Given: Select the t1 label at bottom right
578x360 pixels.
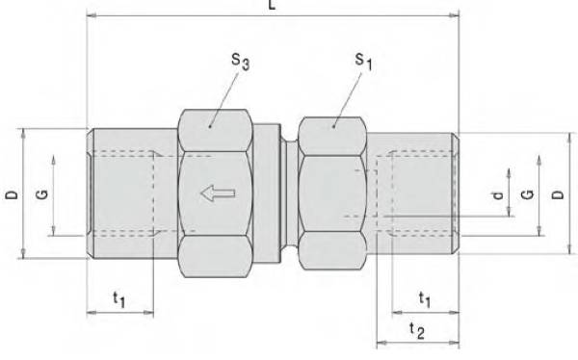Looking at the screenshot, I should (x=423, y=299).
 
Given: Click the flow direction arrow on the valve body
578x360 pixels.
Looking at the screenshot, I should (x=217, y=194).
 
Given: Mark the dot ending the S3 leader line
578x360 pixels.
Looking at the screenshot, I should (x=210, y=123).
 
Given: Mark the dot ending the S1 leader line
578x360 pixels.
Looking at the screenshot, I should (x=332, y=123).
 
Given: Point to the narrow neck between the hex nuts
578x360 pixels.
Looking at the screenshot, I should (x=289, y=193).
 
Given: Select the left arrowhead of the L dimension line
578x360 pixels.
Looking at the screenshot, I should (x=92, y=15).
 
